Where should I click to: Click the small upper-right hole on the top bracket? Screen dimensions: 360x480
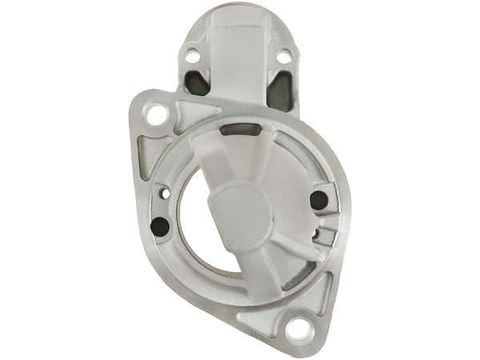pos(281,56)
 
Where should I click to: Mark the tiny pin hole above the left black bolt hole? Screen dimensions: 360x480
pos(165,191)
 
